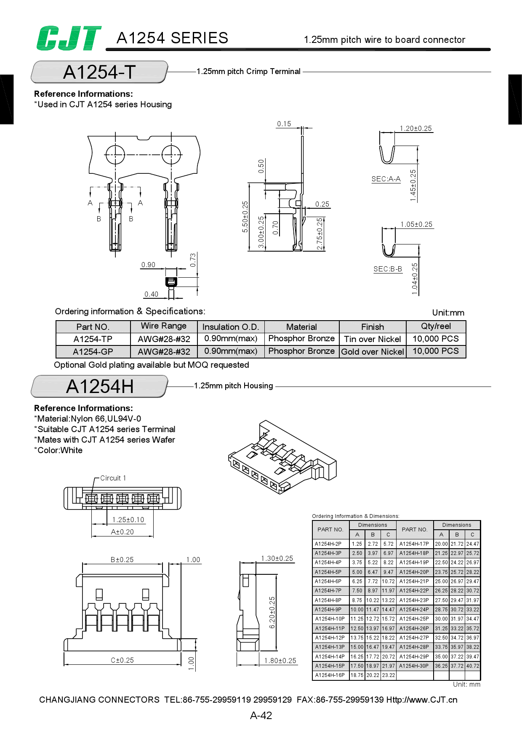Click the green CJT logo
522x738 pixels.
69,38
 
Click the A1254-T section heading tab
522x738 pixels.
99,72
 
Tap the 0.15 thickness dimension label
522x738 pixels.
284,124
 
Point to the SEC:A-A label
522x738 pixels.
386,179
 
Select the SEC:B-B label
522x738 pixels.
387,269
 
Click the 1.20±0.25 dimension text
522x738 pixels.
415,128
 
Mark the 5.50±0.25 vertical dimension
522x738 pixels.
245,217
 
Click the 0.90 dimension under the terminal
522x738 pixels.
148,265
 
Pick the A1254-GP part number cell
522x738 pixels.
93,352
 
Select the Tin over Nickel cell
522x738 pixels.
372,339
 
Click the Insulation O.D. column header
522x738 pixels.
230,327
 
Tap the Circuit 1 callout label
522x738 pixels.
113,478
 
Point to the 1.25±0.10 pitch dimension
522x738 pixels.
128,520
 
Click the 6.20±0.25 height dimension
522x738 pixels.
272,612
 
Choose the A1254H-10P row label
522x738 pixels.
330,619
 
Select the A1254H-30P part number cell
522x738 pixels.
414,666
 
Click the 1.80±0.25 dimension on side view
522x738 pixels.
280,661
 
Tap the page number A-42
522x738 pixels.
261,715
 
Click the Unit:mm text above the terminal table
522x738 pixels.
448,313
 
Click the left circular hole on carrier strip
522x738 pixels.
115,154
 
